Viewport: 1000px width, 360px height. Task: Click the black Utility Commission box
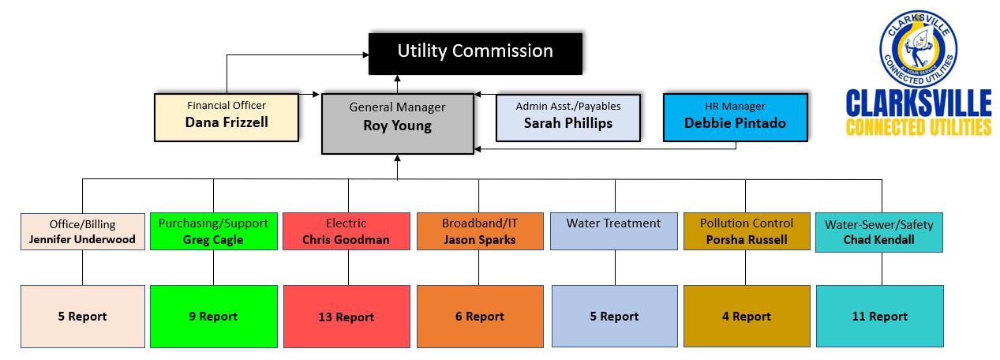click(x=475, y=52)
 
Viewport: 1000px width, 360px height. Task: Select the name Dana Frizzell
click(x=226, y=122)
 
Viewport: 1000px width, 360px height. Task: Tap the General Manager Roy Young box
click(x=397, y=123)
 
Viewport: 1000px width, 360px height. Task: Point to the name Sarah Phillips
click(x=567, y=122)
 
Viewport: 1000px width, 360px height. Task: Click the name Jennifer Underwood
click(x=82, y=239)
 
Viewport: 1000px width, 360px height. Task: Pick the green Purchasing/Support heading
click(x=213, y=223)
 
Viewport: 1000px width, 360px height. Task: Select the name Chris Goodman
click(x=346, y=240)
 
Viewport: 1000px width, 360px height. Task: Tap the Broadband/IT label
click(x=479, y=223)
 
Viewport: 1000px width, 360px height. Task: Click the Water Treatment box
click(x=613, y=231)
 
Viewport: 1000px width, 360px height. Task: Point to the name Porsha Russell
click(x=746, y=240)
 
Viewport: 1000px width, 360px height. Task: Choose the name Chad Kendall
click(x=878, y=240)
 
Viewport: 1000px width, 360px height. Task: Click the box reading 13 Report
click(x=346, y=317)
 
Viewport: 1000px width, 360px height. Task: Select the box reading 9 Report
click(x=213, y=317)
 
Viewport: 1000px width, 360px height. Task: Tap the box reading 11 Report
click(x=879, y=316)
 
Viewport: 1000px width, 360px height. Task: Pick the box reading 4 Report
click(x=746, y=316)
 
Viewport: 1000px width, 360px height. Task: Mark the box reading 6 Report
click(x=479, y=316)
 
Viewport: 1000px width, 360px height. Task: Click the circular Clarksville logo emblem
click(x=917, y=50)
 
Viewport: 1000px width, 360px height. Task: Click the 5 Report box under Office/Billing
click(x=82, y=316)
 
